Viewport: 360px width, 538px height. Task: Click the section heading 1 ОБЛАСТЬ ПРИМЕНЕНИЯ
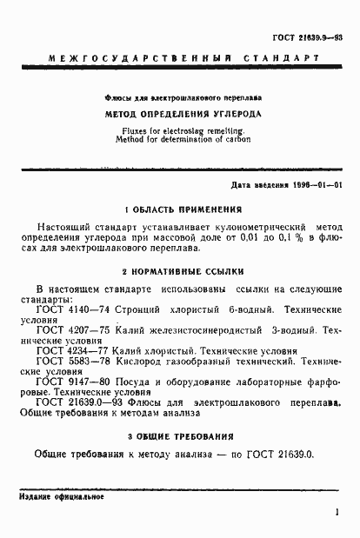point(182,210)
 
